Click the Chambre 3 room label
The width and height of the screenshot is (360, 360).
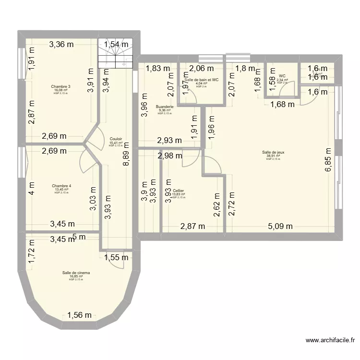point(61,86)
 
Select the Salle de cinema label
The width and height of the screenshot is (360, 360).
point(76,273)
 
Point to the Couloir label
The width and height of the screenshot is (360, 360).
point(116,139)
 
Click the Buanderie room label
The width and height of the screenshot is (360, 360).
point(164,107)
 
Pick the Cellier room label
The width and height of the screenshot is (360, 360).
point(179,191)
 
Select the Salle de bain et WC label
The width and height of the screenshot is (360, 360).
point(201,80)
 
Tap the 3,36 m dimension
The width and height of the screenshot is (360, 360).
point(61,45)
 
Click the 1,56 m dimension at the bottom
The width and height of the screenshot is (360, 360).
point(79,315)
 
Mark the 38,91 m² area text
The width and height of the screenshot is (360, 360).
point(272,156)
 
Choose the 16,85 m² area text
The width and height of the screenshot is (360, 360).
point(76,276)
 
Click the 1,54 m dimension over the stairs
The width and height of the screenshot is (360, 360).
point(117,45)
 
